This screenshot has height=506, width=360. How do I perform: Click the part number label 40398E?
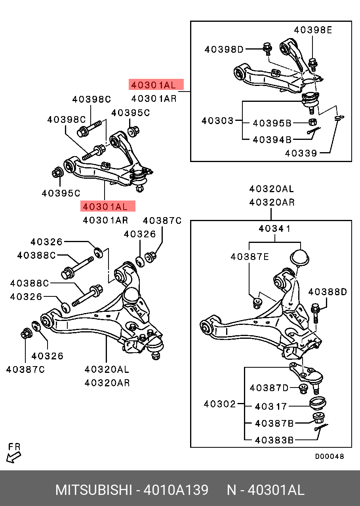[313, 30]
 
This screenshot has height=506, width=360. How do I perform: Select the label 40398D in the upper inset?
[224, 50]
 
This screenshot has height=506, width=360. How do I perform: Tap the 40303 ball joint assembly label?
[217, 120]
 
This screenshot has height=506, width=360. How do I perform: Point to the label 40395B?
[272, 123]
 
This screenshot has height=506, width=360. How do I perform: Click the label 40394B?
[272, 139]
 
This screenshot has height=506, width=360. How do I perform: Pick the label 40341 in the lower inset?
[275, 229]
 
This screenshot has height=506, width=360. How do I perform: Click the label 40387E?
[250, 257]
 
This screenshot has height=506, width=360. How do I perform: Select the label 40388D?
[328, 292]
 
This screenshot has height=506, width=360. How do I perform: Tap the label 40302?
[220, 404]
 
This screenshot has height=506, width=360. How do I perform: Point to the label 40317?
[271, 407]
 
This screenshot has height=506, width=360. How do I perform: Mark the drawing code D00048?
[330, 456]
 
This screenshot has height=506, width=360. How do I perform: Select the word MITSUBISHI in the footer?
[93, 490]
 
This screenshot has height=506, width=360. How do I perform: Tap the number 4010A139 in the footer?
[175, 490]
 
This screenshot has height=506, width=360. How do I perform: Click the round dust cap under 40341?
[299, 257]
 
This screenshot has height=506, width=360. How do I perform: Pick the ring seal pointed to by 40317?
[317, 403]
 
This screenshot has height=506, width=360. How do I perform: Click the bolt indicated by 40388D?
[316, 313]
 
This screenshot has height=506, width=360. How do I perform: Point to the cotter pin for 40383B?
[321, 427]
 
